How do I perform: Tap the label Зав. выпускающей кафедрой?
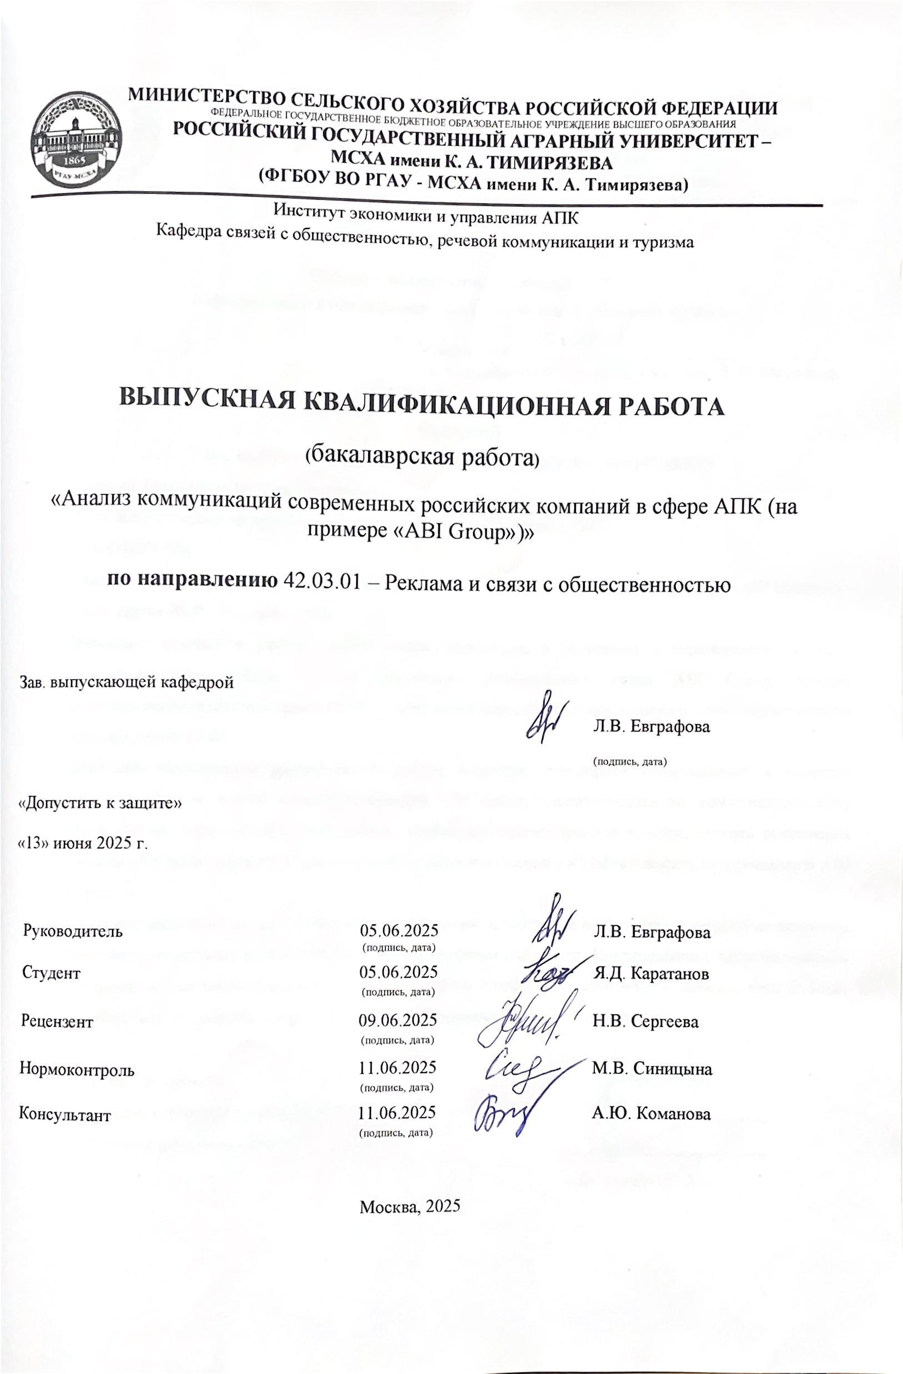click(127, 682)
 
